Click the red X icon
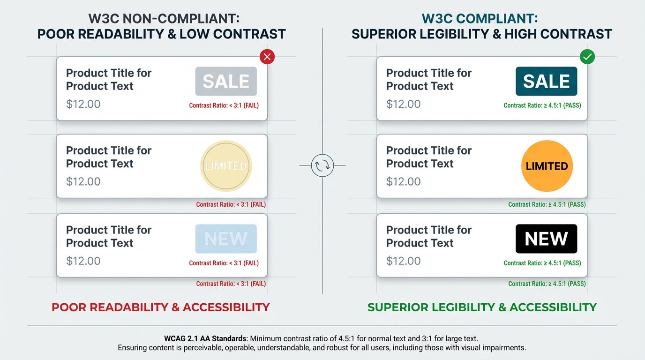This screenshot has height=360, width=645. pos(267,57)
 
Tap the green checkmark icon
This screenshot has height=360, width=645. pos(587,57)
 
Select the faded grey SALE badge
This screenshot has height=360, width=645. pos(226,81)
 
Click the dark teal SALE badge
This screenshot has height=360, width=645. pos(546,81)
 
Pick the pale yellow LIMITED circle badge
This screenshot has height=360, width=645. pos(226,166)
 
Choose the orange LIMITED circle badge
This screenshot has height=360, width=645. pos(547,166)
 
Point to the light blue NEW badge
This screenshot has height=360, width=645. pos(226,239)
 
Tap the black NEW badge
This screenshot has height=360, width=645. pos(546,239)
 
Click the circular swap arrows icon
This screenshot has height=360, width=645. pos(322,165)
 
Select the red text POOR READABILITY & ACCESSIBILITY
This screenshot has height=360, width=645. pos(161,307)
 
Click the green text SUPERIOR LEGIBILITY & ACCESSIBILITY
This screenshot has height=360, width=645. pos(482,307)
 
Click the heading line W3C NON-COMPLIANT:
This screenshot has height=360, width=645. pos(164,19)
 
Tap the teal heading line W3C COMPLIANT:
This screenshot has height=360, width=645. pos(480,19)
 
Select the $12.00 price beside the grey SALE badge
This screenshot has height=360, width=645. pos(83,104)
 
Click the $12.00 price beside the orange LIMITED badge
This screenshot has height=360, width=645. pos(403,181)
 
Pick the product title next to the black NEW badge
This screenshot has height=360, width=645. pos(428,236)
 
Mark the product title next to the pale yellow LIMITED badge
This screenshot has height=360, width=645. pos(108,157)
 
